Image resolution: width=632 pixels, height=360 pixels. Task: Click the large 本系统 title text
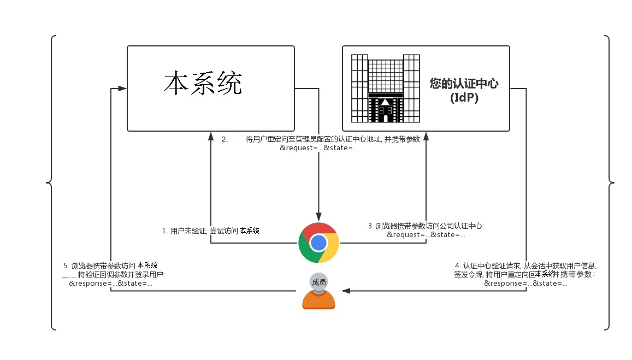[203, 83]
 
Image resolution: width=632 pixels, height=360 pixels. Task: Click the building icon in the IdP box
[385, 88]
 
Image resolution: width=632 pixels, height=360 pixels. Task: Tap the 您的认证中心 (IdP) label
[464, 90]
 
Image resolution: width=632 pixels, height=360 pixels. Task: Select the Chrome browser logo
[318, 243]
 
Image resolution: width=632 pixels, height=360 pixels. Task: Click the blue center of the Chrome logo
[318, 243]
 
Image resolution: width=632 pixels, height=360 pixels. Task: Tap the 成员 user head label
[319, 282]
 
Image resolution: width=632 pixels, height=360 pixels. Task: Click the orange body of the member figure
[318, 300]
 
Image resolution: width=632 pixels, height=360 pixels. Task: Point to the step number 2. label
[225, 139]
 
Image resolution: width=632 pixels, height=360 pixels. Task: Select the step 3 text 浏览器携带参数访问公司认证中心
[430, 226]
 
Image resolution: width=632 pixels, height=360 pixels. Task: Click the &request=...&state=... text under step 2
[319, 148]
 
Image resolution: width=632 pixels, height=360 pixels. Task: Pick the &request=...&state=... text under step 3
[426, 234]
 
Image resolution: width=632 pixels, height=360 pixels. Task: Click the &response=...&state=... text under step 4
[525, 284]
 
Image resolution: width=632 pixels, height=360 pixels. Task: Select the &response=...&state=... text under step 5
[110, 284]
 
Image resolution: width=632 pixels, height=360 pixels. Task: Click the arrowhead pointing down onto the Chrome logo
[318, 217]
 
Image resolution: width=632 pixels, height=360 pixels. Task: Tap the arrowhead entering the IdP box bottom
[426, 137]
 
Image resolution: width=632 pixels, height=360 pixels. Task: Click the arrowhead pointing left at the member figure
[346, 291]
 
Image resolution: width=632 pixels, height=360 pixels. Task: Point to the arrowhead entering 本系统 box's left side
[122, 88]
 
